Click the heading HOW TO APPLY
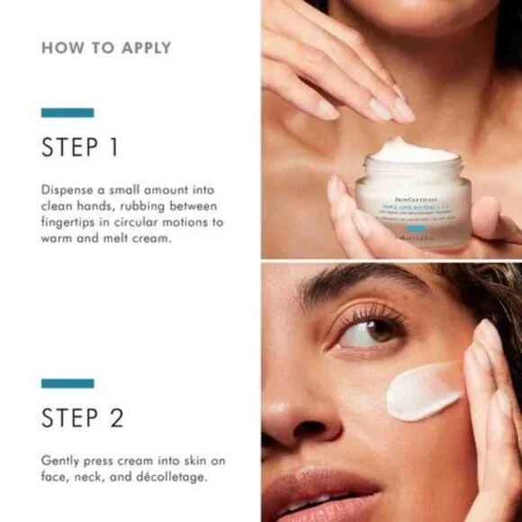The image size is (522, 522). pyautogui.click(x=105, y=48)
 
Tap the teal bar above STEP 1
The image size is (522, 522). pyautogui.click(x=67, y=112)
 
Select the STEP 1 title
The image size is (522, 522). pyautogui.click(x=79, y=148)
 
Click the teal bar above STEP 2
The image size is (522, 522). pyautogui.click(x=67, y=383)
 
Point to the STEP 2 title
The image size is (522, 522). pyautogui.click(x=82, y=418)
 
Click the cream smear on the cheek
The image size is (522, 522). pyautogui.click(x=422, y=390)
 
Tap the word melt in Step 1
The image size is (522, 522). pyautogui.click(x=111, y=238)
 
